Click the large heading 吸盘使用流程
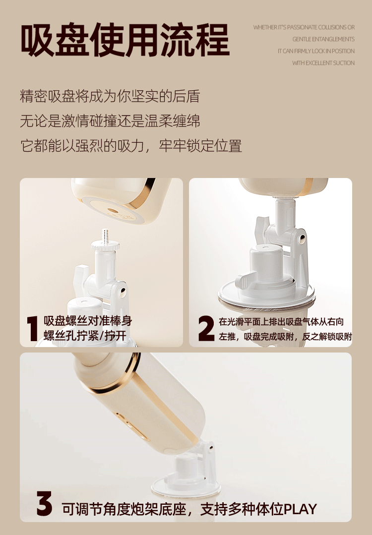tap(125, 40)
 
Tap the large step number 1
tap(32, 328)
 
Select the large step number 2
tap(206, 328)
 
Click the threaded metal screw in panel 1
tap(105, 235)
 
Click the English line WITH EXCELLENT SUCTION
tap(323, 63)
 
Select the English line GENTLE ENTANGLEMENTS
tap(323, 39)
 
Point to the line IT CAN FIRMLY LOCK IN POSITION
tap(316, 51)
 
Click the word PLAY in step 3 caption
tap(301, 509)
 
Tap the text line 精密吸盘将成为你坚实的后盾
tap(110, 96)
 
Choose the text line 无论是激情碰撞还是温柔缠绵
tap(110, 121)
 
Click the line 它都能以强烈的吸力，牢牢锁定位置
tap(131, 146)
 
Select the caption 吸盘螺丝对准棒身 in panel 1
tap(88, 321)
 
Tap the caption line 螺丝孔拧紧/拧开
tap(85, 336)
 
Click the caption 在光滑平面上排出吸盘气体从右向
tap(281, 322)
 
